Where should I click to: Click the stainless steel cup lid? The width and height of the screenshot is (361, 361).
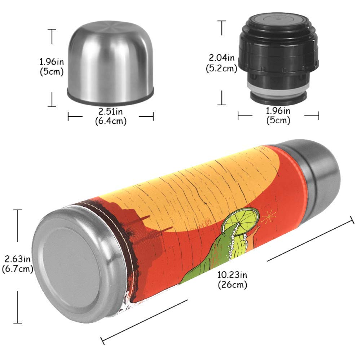pyautogui.click(x=110, y=63)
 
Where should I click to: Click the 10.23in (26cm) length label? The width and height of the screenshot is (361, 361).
pyautogui.click(x=232, y=280)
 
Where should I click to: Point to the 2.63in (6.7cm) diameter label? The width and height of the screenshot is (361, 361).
pyautogui.click(x=18, y=264)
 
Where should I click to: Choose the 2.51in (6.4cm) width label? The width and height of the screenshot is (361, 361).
pyautogui.click(x=111, y=116)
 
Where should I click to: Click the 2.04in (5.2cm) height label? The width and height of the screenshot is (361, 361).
pyautogui.click(x=221, y=63)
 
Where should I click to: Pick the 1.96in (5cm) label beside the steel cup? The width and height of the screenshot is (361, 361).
pyautogui.click(x=52, y=66)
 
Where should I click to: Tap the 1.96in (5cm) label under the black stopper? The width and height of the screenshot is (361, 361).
pyautogui.click(x=278, y=115)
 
